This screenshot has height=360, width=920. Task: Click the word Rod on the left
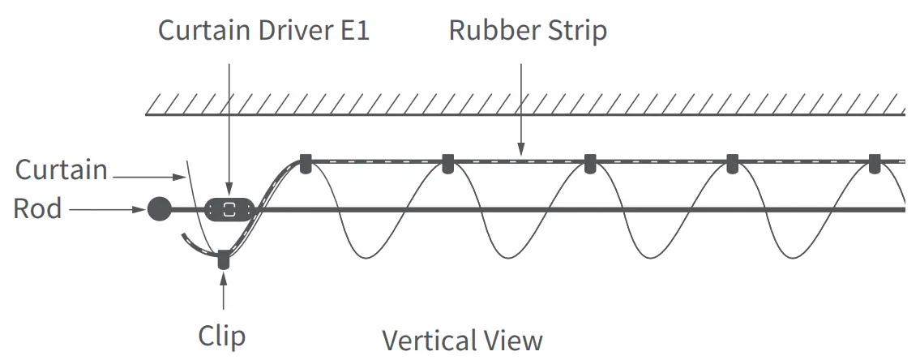coord(37,209)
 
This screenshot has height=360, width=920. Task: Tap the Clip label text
coord(221,336)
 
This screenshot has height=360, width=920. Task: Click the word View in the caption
coord(515,340)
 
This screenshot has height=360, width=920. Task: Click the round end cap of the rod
coord(160,209)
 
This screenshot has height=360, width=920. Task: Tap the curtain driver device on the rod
coord(230,209)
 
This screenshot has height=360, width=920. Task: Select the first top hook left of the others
coord(305,163)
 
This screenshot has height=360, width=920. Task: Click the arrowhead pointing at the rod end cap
coord(141,209)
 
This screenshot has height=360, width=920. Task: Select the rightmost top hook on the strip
coord(874,163)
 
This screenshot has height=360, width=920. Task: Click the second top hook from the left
coord(447,163)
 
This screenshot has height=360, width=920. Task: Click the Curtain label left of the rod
coord(62,170)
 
